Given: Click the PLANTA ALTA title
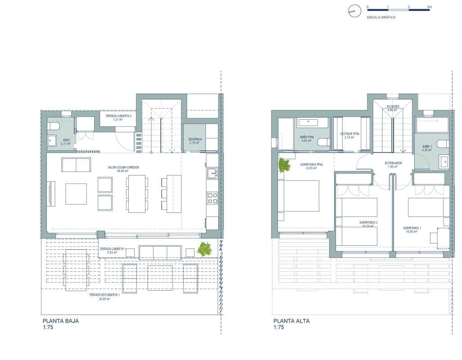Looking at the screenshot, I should coord(291,321).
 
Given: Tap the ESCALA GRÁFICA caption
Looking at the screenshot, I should coord(381,17).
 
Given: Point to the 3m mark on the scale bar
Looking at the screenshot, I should coord(429,7).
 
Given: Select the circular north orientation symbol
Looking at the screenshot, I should coord(355,11).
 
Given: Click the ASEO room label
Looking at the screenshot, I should coord(66,140).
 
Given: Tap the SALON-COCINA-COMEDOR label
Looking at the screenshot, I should coord(123,167).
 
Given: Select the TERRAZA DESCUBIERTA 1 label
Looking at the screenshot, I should coord(104,294).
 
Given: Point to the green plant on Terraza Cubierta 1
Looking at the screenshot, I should coord(204,249).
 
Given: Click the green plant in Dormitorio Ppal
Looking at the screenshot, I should coord(284,166).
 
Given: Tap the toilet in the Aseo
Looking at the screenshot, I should coord(54,126).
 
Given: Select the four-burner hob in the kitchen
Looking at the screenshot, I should coord(212,198).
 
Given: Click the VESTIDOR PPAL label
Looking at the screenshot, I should coord(350,134).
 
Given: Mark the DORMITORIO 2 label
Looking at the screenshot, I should coord(368,222).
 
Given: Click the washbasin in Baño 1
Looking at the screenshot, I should coord(444,161).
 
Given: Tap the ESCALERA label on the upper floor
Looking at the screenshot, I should coord(393,107).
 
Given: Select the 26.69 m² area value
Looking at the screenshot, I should coord(104,298).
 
